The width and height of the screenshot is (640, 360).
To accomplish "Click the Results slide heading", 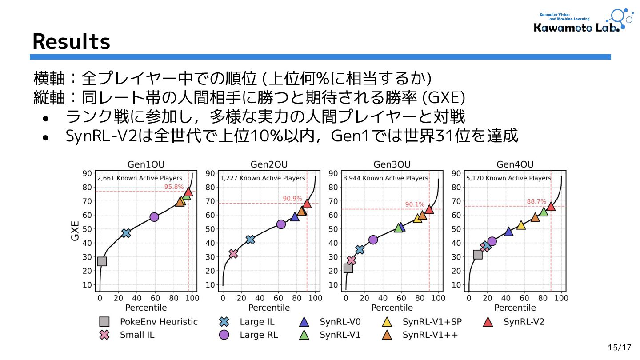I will [x=71, y=42].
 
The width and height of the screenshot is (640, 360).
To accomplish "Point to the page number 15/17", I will [x=620, y=347].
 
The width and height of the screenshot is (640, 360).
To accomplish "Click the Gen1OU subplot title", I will [x=146, y=164].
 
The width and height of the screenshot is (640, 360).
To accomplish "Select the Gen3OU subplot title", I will [x=392, y=164].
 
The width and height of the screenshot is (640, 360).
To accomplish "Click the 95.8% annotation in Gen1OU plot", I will [x=174, y=187].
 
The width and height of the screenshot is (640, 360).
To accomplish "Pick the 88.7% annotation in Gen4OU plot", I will [x=536, y=201].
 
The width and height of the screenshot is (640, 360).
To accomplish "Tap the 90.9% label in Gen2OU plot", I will [x=292, y=198].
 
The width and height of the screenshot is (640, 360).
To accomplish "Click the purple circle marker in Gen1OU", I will [x=154, y=217].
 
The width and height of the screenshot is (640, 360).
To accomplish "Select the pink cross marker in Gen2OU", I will [x=233, y=254].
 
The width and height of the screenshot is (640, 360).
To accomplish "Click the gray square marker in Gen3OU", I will [x=348, y=268].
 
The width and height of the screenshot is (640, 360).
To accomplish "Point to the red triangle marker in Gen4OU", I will [x=551, y=206].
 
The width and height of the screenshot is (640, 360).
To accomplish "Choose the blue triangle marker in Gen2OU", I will [x=295, y=217].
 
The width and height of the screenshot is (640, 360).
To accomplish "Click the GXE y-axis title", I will [x=75, y=231].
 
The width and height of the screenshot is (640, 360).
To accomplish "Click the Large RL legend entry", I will [x=248, y=335].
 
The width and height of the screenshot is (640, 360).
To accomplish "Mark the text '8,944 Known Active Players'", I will [x=385, y=178].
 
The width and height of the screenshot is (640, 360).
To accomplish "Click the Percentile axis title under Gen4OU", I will [x=515, y=308].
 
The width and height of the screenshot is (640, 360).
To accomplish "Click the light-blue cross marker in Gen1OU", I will [x=126, y=233].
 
